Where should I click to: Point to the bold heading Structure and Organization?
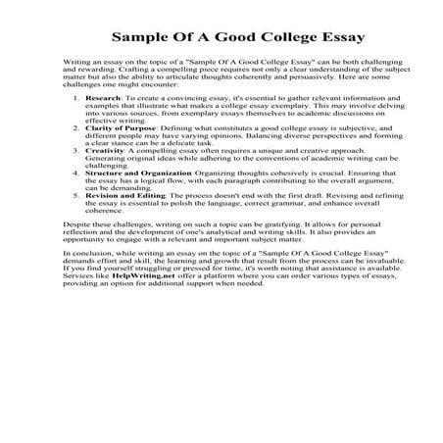pyautogui.click(x=137, y=202)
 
